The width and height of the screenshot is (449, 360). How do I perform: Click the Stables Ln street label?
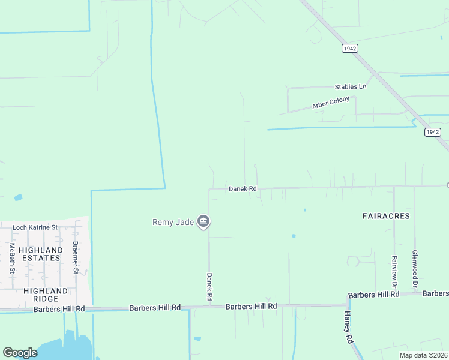[350, 86]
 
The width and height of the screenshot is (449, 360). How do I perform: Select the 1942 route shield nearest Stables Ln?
[351, 48]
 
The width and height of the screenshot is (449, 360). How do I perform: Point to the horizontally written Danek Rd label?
[243, 189]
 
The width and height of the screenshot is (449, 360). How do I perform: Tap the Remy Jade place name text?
[173, 222]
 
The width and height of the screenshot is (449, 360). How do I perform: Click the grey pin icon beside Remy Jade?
[203, 222]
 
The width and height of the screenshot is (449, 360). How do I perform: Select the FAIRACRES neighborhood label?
[386, 215]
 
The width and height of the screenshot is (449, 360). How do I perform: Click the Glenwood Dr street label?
[415, 269]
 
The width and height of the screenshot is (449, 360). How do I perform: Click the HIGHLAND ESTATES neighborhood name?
[40, 254]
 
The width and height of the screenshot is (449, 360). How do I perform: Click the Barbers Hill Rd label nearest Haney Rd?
[373, 295]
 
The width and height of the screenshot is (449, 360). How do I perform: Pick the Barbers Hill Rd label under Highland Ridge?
[59, 309]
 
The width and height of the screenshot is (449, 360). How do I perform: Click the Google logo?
[20, 353]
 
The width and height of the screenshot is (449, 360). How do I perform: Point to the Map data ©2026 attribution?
[423, 355]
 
